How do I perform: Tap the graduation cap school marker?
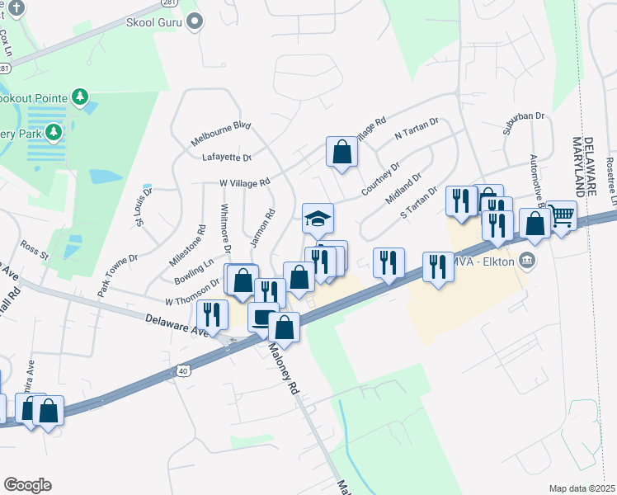point(318,219)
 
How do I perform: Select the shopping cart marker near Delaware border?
point(562,216)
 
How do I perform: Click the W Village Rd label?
point(244,182)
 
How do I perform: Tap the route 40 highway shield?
point(181,372)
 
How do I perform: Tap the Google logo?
point(27,485)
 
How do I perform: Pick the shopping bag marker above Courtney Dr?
point(341,152)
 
